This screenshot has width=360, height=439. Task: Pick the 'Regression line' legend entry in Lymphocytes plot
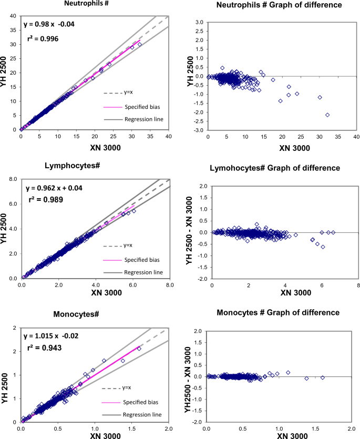pos(143,272)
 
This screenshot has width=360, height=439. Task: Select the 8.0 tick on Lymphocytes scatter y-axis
pos(12,179)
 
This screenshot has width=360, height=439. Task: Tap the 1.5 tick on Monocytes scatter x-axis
pos(132,430)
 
